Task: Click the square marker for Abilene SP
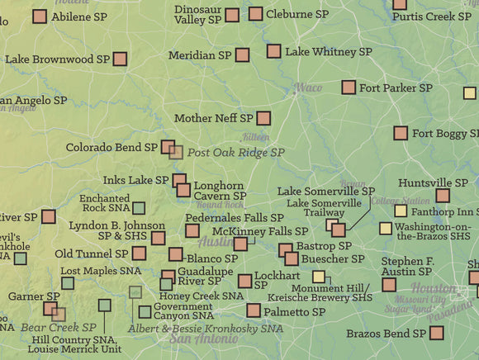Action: point(40,16)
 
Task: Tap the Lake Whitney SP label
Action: point(321,52)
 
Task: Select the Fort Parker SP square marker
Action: point(349,87)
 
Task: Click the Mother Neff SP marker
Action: point(263,118)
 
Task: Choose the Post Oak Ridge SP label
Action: point(235,153)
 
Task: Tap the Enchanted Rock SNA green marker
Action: point(139,208)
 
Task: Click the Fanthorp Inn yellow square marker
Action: point(401,211)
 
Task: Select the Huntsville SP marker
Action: point(443,196)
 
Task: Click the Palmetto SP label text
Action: point(294,312)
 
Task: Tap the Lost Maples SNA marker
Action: point(68,283)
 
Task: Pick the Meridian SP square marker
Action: point(242,54)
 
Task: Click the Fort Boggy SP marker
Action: point(401,133)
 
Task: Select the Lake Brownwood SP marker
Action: point(121,59)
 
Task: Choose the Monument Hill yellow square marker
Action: point(320,277)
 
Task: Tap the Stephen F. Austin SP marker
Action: point(389,284)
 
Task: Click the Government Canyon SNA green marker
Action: point(145,312)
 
